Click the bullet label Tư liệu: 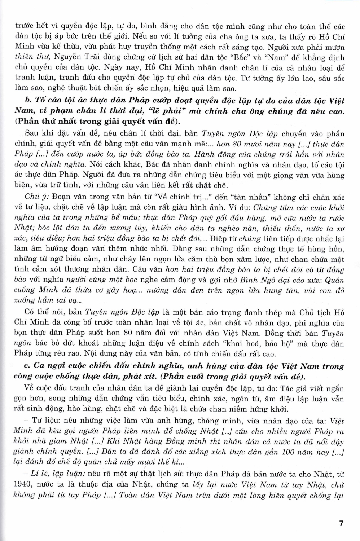(x=49, y=421)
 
